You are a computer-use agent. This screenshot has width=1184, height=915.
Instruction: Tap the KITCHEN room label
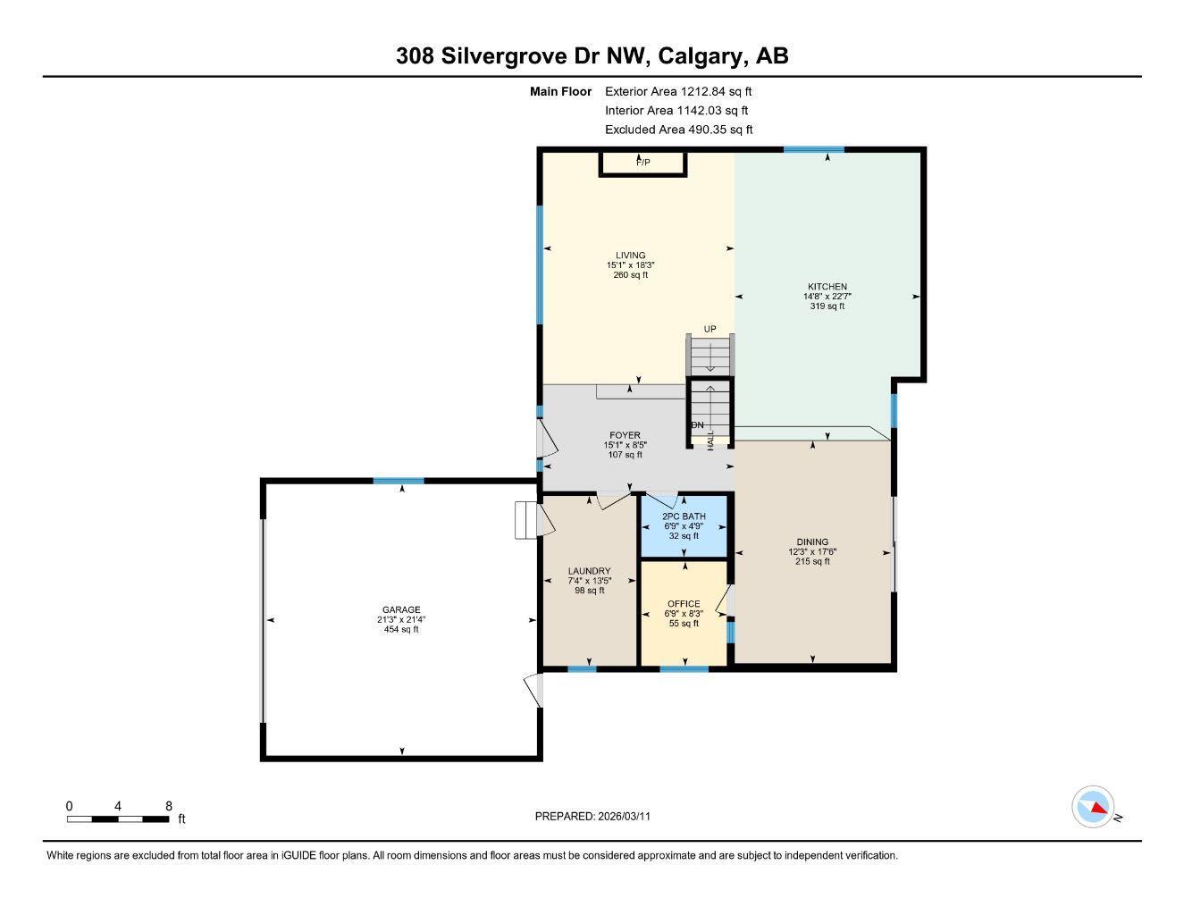click(827, 287)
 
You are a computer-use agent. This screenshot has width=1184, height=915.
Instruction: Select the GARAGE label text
click(401, 610)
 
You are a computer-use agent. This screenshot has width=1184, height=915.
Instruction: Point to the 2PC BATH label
click(684, 516)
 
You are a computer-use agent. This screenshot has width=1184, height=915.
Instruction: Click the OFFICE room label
click(684, 604)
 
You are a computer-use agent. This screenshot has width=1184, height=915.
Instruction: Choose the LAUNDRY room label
click(589, 571)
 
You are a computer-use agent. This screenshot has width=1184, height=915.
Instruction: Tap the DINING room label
click(812, 541)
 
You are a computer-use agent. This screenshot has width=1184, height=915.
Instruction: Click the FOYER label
click(625, 435)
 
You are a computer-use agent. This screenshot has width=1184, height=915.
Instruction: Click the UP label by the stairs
click(710, 329)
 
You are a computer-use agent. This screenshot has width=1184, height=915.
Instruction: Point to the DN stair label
click(697, 425)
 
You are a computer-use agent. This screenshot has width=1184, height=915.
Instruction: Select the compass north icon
click(1093, 808)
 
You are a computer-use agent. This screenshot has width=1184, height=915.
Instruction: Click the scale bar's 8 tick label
click(168, 806)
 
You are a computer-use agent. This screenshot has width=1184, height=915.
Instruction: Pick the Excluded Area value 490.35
click(704, 130)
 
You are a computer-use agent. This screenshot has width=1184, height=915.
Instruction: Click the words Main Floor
click(560, 91)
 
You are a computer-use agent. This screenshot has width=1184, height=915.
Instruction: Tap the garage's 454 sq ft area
click(401, 630)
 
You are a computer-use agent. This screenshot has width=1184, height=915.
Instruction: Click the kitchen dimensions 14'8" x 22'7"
click(827, 297)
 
